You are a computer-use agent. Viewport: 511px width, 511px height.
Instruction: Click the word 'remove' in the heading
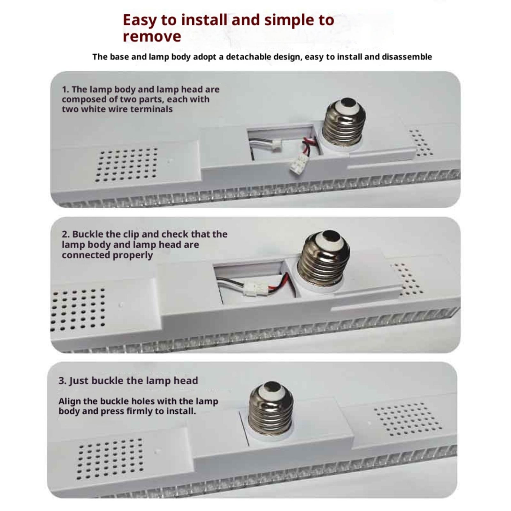pyautogui.click(x=152, y=36)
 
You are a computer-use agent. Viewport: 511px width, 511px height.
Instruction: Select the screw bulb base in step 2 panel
pyautogui.click(x=323, y=258)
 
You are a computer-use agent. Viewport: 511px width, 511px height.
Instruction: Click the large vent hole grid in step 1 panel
pyautogui.click(x=126, y=165)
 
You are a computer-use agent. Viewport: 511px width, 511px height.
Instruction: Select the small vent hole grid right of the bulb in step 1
pyautogui.click(x=421, y=142)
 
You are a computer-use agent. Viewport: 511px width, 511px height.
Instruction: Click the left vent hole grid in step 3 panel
pyautogui.click(x=110, y=459)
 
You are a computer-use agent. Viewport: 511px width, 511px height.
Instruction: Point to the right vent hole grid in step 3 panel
pyautogui.click(x=408, y=419)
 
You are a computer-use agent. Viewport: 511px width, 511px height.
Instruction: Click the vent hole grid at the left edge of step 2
pyautogui.click(x=78, y=309)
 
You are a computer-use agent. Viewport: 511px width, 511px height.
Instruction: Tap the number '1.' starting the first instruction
pyautogui.click(x=65, y=89)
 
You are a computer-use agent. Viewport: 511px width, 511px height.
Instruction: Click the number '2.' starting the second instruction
pyautogui.click(x=66, y=234)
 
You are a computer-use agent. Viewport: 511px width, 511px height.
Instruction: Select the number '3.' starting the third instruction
pyautogui.click(x=63, y=381)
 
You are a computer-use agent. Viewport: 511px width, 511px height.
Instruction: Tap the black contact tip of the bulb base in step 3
pyautogui.click(x=273, y=386)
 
